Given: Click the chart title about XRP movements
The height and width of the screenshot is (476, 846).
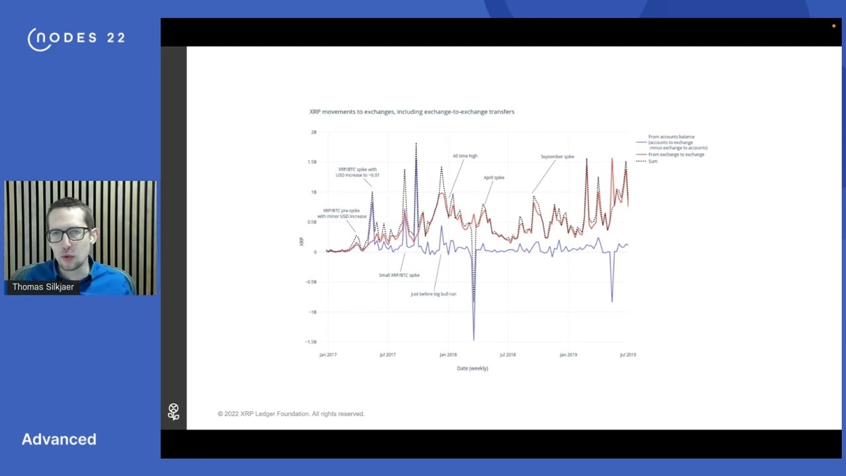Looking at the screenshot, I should pyautogui.click(x=412, y=112).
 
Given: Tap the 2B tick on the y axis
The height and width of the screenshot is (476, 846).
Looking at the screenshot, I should pyautogui.click(x=313, y=132).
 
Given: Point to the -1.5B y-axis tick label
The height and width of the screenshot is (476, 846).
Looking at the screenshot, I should pyautogui.click(x=311, y=342).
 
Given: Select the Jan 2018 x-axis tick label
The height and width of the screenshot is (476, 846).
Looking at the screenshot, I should pyautogui.click(x=448, y=355).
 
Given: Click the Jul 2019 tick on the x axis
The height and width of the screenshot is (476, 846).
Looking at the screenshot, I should pyautogui.click(x=628, y=355).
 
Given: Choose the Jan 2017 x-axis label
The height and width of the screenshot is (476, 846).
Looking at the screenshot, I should pyautogui.click(x=328, y=355).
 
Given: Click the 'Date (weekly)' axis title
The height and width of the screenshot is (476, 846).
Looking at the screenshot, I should pyautogui.click(x=472, y=368).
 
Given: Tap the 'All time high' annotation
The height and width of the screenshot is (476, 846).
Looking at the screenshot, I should pyautogui.click(x=465, y=156).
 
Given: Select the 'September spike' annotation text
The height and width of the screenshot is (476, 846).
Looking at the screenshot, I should pyautogui.click(x=557, y=157).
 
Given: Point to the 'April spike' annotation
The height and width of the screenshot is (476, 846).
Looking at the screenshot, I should pyautogui.click(x=494, y=178).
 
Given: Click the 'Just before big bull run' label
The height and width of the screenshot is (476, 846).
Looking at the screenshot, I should pyautogui.click(x=433, y=294).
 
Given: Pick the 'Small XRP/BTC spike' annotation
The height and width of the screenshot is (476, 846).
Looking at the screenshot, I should pyautogui.click(x=399, y=275).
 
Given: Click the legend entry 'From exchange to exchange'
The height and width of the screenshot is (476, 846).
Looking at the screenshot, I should pyautogui.click(x=676, y=155).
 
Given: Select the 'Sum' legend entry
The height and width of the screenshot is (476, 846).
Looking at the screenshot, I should pyautogui.click(x=652, y=161).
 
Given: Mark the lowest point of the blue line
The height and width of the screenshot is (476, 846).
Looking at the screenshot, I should pyautogui.click(x=474, y=340).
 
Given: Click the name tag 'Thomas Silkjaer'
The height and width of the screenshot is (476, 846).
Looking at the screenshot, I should pyautogui.click(x=43, y=287).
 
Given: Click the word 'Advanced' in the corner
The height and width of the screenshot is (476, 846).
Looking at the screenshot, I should pyautogui.click(x=59, y=439).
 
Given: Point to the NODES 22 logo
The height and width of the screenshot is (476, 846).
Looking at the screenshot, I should pyautogui.click(x=77, y=38).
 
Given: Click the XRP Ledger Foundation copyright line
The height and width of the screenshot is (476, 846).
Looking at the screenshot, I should pyautogui.click(x=291, y=414).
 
